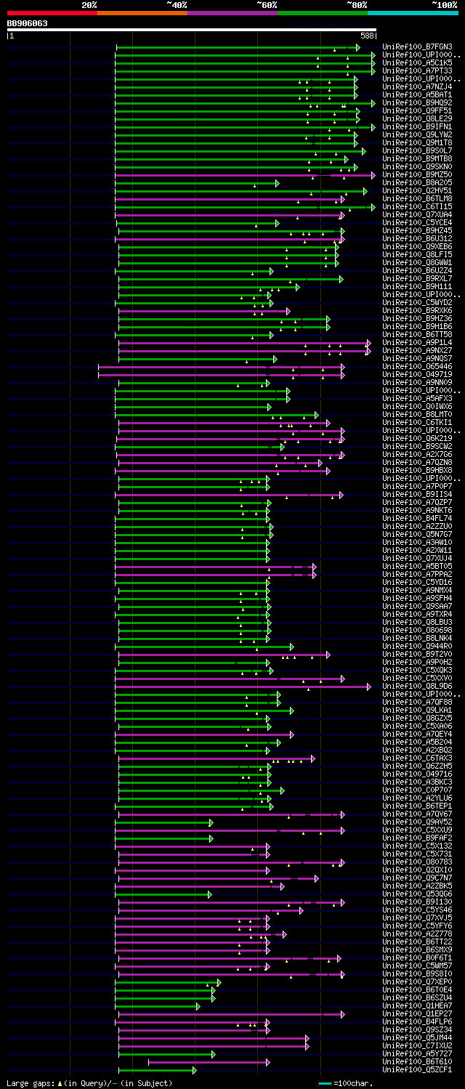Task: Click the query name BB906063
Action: point(28,23)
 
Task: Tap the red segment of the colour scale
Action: point(52,12)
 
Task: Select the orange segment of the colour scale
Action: point(142,12)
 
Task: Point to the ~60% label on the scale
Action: point(267,4)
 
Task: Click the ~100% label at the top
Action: point(444,4)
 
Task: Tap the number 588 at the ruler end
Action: point(367,35)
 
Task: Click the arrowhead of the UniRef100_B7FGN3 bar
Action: point(357,47)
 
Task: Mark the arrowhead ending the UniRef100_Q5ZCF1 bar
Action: point(194,1070)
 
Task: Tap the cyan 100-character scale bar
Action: point(325,1083)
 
